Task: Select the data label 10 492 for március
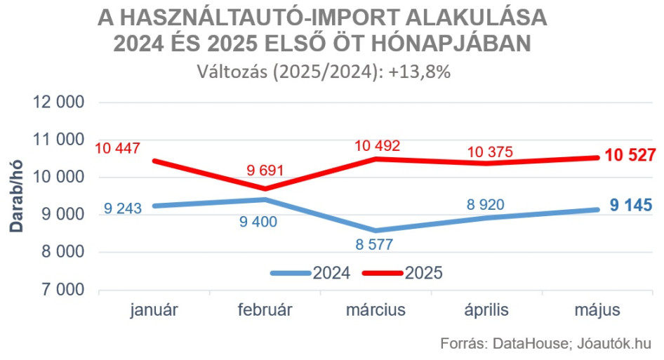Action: click(x=377, y=146)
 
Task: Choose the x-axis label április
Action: click(x=486, y=310)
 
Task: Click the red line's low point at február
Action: click(x=266, y=189)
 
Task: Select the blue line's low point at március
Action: click(x=376, y=230)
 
